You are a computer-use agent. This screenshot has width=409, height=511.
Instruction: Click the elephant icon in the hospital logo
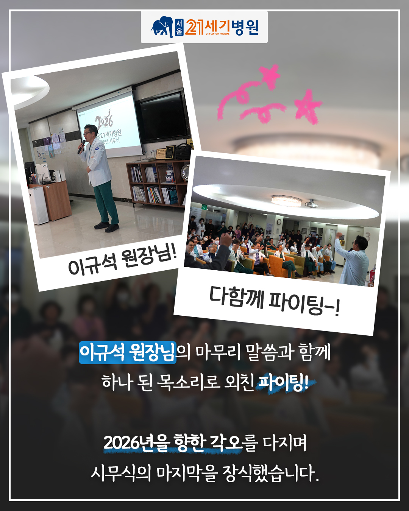click(162, 27)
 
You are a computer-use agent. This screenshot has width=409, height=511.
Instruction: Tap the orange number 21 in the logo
click(194, 27)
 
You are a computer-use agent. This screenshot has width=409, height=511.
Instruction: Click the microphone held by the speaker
click(81, 146)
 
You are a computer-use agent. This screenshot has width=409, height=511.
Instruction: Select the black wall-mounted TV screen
click(164, 118)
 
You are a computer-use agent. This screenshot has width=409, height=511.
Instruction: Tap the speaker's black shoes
click(106, 227)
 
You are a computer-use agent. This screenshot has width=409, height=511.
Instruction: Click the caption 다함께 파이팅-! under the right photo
click(275, 301)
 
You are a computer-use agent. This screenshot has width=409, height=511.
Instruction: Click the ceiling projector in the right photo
click(312, 204)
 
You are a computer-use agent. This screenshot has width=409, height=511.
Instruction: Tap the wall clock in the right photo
click(279, 222)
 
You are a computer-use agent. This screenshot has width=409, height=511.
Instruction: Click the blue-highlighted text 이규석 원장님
click(128, 352)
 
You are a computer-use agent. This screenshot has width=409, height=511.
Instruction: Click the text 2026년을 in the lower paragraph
click(137, 443)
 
